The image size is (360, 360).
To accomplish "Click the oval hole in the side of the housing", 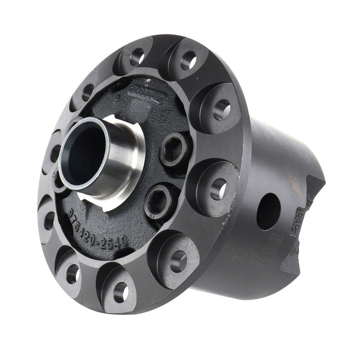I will point(269,211).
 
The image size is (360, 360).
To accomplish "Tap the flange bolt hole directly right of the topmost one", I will point(189,59).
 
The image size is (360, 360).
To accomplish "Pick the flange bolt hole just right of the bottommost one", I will point(177,261).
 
